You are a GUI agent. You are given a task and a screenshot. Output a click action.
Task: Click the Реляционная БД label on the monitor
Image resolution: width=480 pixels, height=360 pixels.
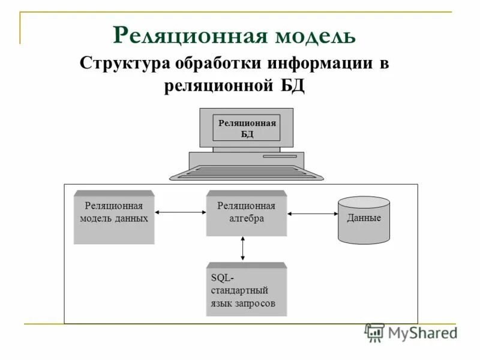[247, 128]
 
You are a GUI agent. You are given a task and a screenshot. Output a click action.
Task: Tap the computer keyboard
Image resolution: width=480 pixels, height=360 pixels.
[246, 173]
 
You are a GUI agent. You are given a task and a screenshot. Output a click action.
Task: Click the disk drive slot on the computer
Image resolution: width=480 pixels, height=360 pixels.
[280, 157]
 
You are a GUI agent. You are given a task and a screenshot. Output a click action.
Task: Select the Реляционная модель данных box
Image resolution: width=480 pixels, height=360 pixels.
[114, 217]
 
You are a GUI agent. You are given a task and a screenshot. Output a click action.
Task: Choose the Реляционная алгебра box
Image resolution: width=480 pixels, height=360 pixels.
[246, 213]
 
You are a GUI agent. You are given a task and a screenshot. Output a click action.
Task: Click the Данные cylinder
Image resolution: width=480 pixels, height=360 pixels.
[364, 220]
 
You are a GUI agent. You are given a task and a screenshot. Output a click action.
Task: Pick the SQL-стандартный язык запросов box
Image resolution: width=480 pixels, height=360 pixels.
[246, 290]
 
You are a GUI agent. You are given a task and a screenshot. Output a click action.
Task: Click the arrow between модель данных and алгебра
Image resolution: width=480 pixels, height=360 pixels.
[180, 212]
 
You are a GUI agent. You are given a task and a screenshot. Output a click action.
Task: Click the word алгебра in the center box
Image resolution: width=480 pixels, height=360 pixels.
[246, 219]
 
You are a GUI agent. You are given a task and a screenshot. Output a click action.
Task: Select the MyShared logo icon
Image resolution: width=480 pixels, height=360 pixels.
[375, 332]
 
